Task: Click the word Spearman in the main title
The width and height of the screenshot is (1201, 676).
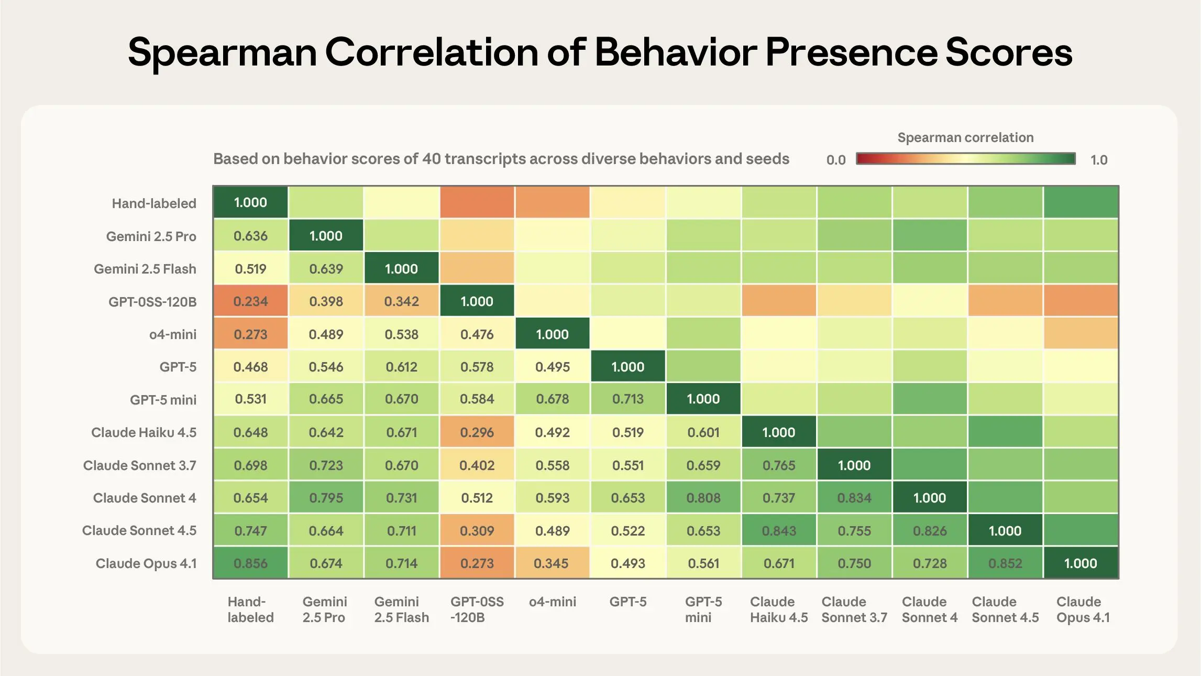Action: click(222, 52)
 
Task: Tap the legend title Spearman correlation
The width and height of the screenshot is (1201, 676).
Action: click(965, 138)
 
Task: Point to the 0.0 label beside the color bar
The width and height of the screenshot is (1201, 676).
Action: click(835, 160)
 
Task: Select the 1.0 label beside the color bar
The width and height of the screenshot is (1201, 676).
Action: click(1099, 160)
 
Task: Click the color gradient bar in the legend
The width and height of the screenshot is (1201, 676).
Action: click(965, 159)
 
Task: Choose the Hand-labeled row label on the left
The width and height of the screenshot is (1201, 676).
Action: click(154, 203)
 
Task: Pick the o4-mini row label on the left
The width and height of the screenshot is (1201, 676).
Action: click(173, 334)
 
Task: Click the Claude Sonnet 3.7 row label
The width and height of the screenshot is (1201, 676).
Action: click(139, 465)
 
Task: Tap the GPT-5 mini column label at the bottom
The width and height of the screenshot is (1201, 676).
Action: click(703, 609)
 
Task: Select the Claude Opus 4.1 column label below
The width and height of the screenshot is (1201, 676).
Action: click(1083, 609)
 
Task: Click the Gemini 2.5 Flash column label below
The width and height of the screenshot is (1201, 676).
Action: click(401, 609)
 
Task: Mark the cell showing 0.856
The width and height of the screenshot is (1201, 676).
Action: click(250, 563)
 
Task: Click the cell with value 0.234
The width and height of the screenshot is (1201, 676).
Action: click(250, 301)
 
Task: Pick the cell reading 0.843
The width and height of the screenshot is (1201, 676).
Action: click(779, 531)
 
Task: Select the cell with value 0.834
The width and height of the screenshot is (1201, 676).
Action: click(854, 498)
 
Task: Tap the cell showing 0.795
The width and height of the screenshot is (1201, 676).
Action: click(326, 498)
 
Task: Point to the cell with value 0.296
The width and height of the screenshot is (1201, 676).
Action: click(477, 432)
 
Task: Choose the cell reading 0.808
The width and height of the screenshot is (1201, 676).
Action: click(703, 498)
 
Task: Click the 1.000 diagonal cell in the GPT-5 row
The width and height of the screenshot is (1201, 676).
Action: click(628, 367)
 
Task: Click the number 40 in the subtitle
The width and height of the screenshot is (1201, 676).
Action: click(432, 159)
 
